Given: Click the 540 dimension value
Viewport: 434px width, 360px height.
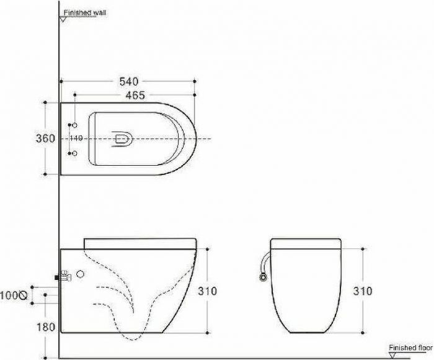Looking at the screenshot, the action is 129,81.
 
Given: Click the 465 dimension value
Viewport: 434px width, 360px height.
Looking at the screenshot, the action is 135,96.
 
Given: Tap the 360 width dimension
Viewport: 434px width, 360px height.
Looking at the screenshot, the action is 45,138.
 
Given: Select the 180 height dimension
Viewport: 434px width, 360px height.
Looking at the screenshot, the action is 46,327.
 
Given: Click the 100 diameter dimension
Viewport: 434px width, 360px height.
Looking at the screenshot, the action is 9,295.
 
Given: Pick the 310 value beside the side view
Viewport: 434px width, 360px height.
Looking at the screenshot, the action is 207,291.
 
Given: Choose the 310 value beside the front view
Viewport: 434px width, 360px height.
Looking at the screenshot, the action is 363,291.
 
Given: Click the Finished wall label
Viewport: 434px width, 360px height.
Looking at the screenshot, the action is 85,12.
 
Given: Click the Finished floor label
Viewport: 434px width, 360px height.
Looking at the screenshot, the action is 410,348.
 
